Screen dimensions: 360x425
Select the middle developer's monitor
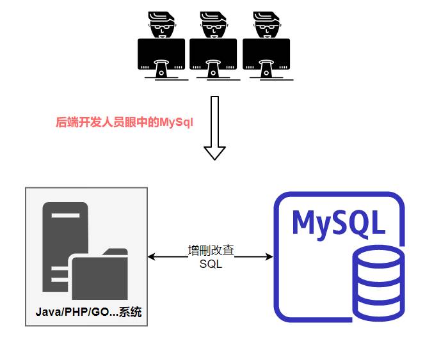(x=214, y=54)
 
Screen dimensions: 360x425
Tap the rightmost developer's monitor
(x=266, y=54)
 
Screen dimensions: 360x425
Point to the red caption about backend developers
(x=124, y=122)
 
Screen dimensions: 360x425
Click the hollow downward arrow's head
(x=214, y=152)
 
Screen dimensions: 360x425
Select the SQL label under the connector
(x=211, y=265)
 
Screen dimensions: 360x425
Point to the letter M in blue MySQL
(x=304, y=221)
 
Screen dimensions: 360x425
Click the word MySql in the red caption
(x=176, y=122)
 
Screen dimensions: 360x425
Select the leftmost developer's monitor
(x=161, y=54)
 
